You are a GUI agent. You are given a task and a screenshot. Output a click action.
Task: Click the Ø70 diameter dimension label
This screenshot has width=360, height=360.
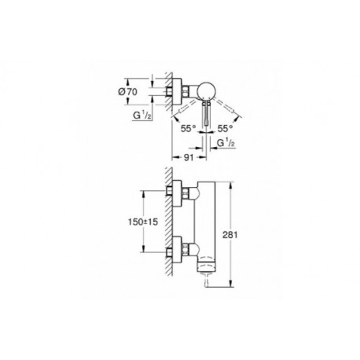(x=127, y=92)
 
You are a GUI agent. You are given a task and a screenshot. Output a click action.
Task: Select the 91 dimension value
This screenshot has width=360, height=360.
(x=189, y=157)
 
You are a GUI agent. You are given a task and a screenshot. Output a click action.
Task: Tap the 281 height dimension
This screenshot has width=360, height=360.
(x=230, y=234)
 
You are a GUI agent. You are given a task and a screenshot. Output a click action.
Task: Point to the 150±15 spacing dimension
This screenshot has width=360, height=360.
(x=143, y=222)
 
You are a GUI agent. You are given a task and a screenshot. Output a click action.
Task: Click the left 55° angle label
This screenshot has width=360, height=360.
(x=189, y=128)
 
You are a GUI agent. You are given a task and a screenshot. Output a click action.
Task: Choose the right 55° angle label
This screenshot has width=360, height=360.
(x=226, y=128)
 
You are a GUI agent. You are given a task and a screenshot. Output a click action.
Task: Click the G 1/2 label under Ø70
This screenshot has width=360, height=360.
(x=142, y=116)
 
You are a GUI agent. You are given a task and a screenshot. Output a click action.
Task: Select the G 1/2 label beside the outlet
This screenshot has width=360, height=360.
(x=226, y=143)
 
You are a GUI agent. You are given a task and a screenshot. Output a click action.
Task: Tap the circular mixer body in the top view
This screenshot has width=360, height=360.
(x=206, y=91)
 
